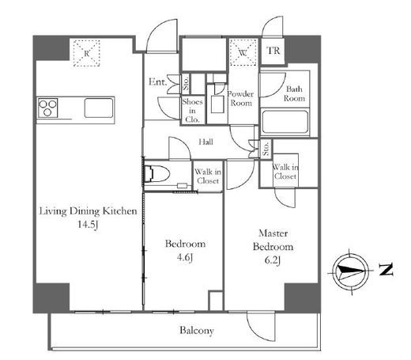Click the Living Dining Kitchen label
pos(88,211)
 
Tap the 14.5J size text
pos(88,225)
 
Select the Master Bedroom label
pos(273,240)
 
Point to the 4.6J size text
pos(185,257)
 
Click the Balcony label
pos(197,331)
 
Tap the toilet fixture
pos(157,173)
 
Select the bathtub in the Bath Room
pos(285,122)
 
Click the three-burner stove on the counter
pos(47,108)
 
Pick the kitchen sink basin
pos(99,108)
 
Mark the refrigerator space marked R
pos(86,53)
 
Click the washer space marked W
pos(243,52)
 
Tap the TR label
pos(273,51)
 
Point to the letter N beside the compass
pos(386,269)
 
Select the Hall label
pos(205,142)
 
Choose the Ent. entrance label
pos(157,81)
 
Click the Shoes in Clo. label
pos(192,111)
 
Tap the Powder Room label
pos(240,98)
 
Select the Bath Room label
pos(294,93)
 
